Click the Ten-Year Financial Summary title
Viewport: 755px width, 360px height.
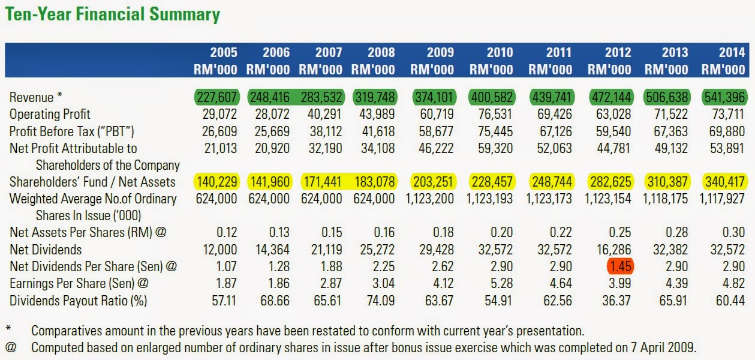point(113,14)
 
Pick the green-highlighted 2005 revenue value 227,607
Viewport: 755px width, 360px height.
point(216,97)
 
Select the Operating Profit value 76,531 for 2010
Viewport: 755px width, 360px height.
point(492,114)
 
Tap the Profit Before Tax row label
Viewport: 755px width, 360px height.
point(71,131)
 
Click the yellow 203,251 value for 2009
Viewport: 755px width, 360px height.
point(433,182)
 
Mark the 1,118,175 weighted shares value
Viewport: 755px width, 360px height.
point(667,199)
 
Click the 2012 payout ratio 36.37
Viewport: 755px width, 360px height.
point(616,300)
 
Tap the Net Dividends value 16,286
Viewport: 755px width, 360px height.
point(611,250)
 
